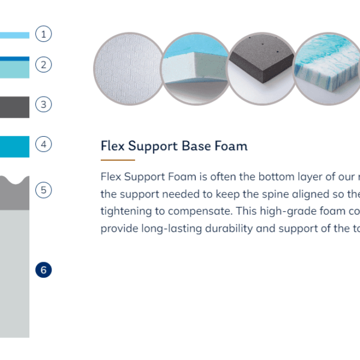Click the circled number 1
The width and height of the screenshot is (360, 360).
pyautogui.click(x=43, y=34)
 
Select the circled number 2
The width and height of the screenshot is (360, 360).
pyautogui.click(x=43, y=65)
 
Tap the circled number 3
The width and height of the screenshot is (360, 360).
pyautogui.click(x=43, y=104)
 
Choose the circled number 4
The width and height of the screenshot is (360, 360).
pyautogui.click(x=43, y=144)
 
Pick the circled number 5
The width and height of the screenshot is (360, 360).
pyautogui.click(x=43, y=190)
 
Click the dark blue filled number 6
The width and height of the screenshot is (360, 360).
pyautogui.click(x=43, y=270)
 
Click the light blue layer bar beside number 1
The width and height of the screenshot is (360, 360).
pyautogui.click(x=14, y=35)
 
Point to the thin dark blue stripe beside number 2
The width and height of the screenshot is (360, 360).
pyautogui.click(x=14, y=59)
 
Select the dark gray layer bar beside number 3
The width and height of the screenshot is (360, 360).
pyautogui.click(x=14, y=107)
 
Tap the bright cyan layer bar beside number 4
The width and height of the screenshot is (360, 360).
pyautogui.click(x=14, y=147)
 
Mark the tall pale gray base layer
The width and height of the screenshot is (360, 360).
pyautogui.click(x=14, y=274)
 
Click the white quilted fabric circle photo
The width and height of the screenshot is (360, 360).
pyautogui.click(x=129, y=69)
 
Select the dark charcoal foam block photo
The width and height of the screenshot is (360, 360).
pyautogui.click(x=262, y=69)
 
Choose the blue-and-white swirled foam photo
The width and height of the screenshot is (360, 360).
pyautogui.click(x=328, y=69)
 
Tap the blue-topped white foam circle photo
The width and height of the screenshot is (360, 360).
pyautogui.click(x=196, y=69)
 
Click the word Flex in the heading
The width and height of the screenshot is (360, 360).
pyautogui.click(x=113, y=146)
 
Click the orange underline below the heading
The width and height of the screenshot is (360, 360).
pyautogui.click(x=118, y=160)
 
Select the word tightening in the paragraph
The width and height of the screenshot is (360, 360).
pyautogui.click(x=126, y=211)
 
